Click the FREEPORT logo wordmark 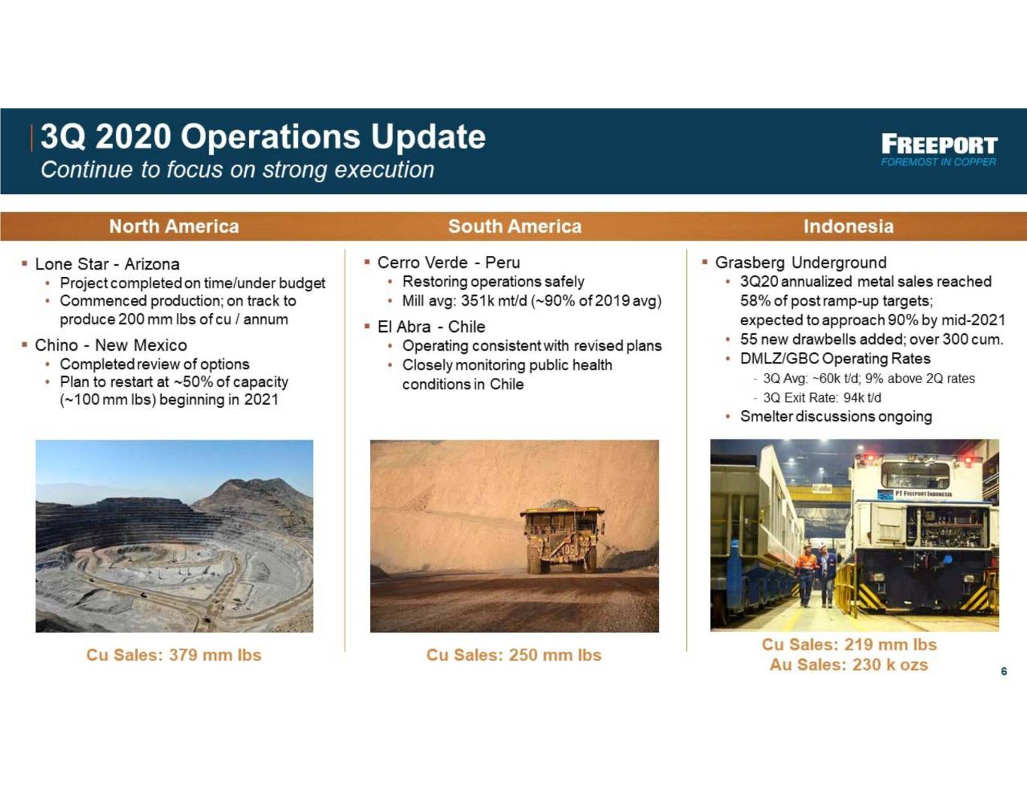click(939, 145)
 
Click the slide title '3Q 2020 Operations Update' click(263, 136)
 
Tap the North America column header click(174, 227)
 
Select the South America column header click(515, 227)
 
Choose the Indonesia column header click(849, 227)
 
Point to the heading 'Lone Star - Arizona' click(108, 263)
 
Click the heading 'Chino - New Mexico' click(111, 345)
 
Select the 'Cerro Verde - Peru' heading click(448, 263)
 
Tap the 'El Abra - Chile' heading click(431, 327)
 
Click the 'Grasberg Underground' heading click(801, 263)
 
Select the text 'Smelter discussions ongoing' click(836, 416)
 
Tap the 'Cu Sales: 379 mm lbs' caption click(174, 655)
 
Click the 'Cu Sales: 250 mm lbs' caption click(514, 655)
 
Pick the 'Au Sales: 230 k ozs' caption click(849, 665)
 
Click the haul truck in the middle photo click(562, 537)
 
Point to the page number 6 click(1004, 671)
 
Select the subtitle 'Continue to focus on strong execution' click(237, 169)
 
